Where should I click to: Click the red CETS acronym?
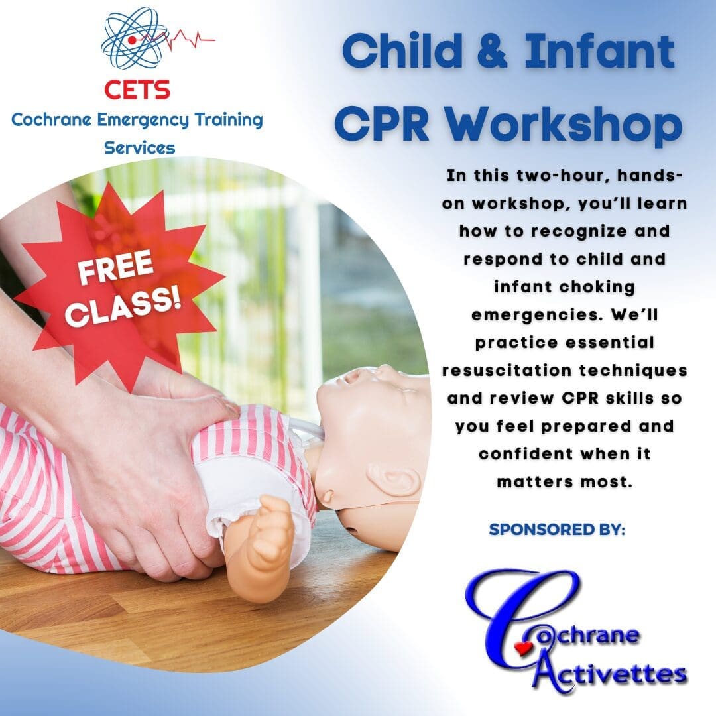[x=137, y=89]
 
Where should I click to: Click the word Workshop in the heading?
[x=564, y=124]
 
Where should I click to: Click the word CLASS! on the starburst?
[x=123, y=308]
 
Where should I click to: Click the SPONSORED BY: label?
[x=557, y=529]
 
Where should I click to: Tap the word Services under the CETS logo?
[x=140, y=148]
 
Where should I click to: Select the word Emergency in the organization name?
[x=143, y=121]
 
